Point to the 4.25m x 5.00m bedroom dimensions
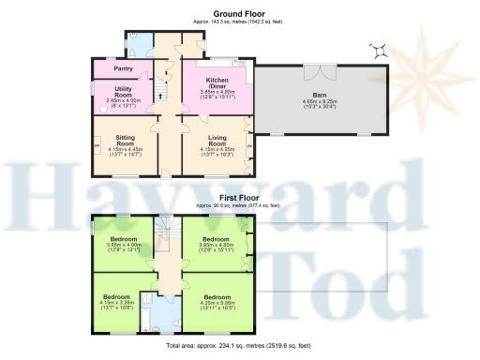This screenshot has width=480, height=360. [217, 305]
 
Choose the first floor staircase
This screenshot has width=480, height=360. [168, 234]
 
